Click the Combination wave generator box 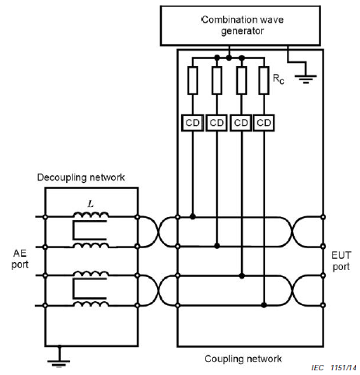[240, 26]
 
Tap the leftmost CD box [192, 123]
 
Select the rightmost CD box [264, 123]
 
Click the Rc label [278, 79]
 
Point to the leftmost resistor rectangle [193, 80]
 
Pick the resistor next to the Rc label [264, 80]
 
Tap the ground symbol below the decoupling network [59, 361]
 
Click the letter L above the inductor [90, 204]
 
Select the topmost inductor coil [91, 215]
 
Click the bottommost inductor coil [91, 303]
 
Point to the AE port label [19, 259]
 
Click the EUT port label [341, 261]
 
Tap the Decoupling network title [81, 177]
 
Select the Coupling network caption [243, 359]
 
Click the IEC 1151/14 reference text [334, 368]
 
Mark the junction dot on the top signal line [193, 216]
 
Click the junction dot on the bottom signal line [264, 305]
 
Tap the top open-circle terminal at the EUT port [323, 217]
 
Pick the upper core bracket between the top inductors [89, 230]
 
